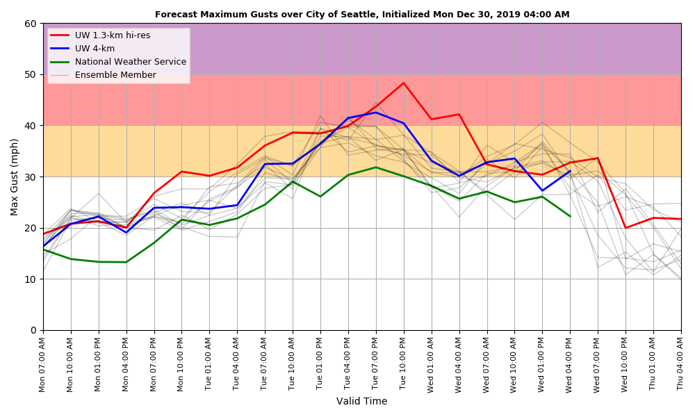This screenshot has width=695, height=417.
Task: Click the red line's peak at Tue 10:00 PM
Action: click(404, 83)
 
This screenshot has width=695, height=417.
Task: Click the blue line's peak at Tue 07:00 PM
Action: click(376, 113)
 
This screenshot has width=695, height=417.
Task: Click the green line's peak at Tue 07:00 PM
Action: click(376, 167)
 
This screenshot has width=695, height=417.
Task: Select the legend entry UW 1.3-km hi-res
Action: click(112, 35)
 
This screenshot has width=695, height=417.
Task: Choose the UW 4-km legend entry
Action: click(95, 49)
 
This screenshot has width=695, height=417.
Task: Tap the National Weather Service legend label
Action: click(130, 62)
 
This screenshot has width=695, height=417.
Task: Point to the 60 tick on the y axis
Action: click(31, 24)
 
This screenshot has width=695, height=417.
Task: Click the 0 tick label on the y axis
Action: click(33, 330)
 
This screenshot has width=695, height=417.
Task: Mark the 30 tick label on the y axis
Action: click(31, 177)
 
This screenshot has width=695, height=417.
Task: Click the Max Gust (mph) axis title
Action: click(15, 177)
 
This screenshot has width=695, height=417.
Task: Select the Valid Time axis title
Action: click(361, 402)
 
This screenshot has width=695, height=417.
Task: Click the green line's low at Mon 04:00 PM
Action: click(126, 262)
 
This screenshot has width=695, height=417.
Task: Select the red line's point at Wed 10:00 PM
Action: click(625, 228)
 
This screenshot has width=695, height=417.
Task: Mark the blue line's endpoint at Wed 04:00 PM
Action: click(570, 171)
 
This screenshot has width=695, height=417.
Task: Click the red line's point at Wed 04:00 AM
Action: click(459, 115)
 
